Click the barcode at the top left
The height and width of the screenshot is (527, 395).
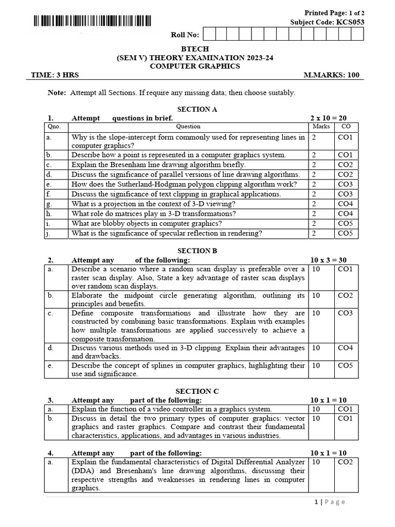tap(93, 21)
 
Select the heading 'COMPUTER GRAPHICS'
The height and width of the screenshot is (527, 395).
tap(195, 66)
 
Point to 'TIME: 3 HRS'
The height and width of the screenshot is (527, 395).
tap(55, 75)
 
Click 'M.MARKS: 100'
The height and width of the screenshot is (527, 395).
tap(332, 75)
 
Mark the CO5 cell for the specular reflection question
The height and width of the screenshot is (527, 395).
tap(345, 233)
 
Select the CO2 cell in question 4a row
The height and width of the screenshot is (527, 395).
tap(345, 462)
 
